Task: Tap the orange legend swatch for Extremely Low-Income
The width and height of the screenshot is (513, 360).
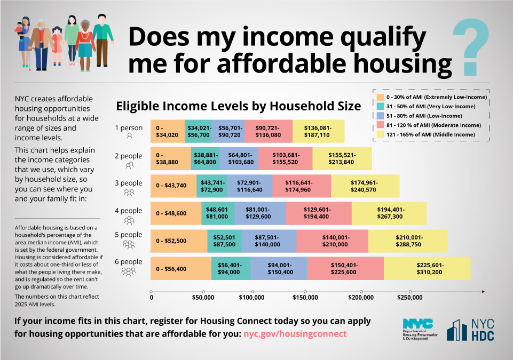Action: point(380,97)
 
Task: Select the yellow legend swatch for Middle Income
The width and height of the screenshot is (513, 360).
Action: point(380,134)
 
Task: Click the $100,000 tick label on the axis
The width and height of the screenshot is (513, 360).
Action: point(251,298)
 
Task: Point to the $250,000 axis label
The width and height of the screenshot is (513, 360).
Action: point(409,298)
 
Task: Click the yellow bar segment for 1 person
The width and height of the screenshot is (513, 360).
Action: point(318,131)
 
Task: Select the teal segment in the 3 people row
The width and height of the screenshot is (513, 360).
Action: point(212,186)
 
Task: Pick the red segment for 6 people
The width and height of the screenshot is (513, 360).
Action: point(345,268)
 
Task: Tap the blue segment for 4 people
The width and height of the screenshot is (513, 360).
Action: point(260,213)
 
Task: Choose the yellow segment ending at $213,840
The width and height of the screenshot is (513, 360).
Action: point(342,158)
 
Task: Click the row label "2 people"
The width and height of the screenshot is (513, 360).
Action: point(128,156)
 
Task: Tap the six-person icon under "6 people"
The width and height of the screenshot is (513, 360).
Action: point(129,271)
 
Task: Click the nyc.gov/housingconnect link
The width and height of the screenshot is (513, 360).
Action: point(295,334)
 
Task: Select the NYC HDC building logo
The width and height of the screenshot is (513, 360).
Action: point(457,330)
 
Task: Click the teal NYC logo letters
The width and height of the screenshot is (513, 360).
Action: point(418,324)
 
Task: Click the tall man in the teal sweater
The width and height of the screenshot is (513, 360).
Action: point(102,41)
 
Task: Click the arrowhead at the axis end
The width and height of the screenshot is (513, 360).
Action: point(483,291)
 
